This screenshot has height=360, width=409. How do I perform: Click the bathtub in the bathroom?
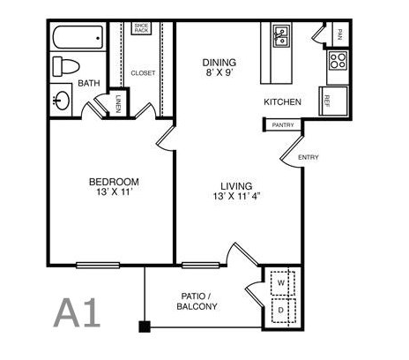(x=78, y=38)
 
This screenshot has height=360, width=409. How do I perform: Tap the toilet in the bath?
(x=66, y=67)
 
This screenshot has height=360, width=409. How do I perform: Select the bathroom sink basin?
(x=63, y=101)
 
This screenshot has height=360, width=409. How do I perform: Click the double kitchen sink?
(x=281, y=36)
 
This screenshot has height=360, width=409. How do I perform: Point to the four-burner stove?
(x=338, y=60)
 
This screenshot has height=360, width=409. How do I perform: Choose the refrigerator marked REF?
(x=333, y=101)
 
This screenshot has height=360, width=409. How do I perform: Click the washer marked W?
(x=283, y=283)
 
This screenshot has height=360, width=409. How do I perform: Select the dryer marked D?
(x=283, y=311)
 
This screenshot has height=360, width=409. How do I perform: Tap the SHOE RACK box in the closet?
(x=141, y=28)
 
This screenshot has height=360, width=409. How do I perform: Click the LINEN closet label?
(x=118, y=104)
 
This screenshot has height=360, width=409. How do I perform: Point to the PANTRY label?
(x=283, y=125)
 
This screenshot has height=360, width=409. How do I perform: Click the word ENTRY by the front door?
(x=309, y=157)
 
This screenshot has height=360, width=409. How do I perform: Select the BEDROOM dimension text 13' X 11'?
(x=114, y=192)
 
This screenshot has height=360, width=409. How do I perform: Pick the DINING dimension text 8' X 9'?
(x=219, y=72)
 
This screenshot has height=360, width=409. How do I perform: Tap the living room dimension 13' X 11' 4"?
(x=237, y=196)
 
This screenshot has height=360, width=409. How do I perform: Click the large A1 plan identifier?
(x=77, y=312)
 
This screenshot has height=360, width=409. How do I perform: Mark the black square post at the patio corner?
(x=145, y=326)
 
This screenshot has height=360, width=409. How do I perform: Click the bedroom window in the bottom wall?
(x=98, y=266)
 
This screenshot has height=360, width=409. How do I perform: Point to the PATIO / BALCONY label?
(x=197, y=301)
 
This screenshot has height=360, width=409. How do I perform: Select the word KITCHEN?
(x=282, y=102)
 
